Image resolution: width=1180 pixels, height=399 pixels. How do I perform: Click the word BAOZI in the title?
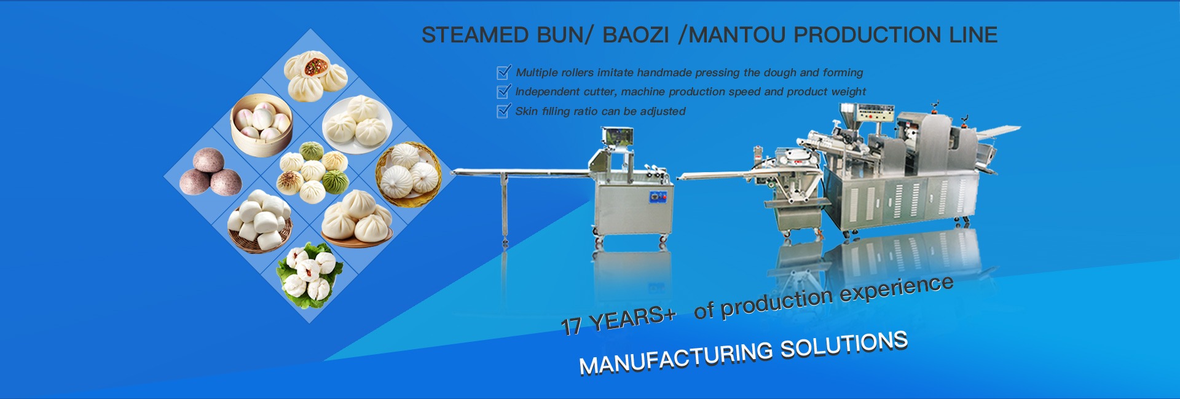635,35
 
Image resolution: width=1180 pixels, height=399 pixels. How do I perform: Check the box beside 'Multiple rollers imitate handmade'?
504,72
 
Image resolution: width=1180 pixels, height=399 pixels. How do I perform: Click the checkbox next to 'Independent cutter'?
504,91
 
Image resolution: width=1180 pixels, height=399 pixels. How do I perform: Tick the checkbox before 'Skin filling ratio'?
504,111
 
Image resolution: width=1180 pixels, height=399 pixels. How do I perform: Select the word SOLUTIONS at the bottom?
844,344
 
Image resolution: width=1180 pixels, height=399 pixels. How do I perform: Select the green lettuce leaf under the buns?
309,276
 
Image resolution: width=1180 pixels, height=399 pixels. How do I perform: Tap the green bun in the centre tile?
335,182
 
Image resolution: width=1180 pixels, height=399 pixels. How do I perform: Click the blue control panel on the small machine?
658,197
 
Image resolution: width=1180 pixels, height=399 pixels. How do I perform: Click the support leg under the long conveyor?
505,208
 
